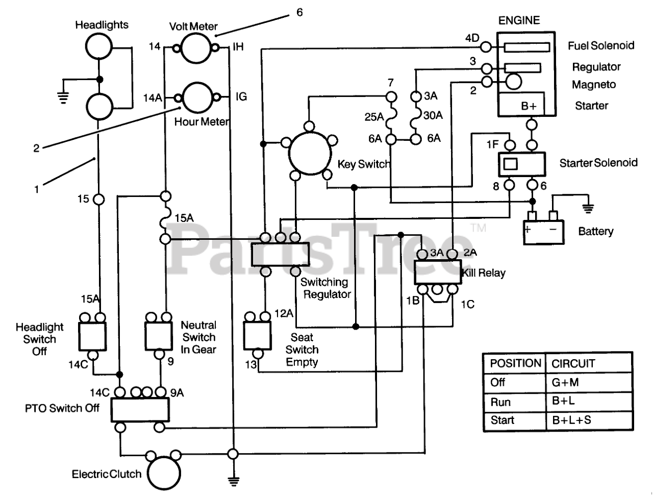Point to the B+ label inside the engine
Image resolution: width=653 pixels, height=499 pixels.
(x=529, y=106)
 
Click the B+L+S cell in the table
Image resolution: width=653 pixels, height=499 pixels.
(x=571, y=420)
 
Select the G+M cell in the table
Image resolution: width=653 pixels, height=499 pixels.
(x=565, y=382)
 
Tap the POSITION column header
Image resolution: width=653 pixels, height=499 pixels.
(x=515, y=363)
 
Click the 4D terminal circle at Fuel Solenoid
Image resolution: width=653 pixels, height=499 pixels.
(x=486, y=47)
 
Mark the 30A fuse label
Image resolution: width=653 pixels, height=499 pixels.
(x=433, y=115)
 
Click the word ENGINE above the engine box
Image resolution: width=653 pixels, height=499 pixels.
(x=519, y=20)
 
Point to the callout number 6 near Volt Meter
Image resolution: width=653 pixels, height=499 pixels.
(x=299, y=12)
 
